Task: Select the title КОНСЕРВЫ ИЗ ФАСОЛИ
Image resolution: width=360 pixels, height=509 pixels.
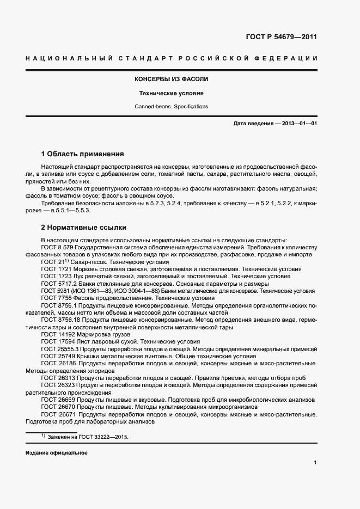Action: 172,79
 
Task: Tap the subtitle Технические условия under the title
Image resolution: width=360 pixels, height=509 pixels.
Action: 172,93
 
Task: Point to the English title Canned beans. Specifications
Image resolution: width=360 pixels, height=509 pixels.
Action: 172,107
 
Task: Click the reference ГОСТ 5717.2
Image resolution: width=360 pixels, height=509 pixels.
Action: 59,284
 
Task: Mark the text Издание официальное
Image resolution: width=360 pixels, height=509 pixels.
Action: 56,453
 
